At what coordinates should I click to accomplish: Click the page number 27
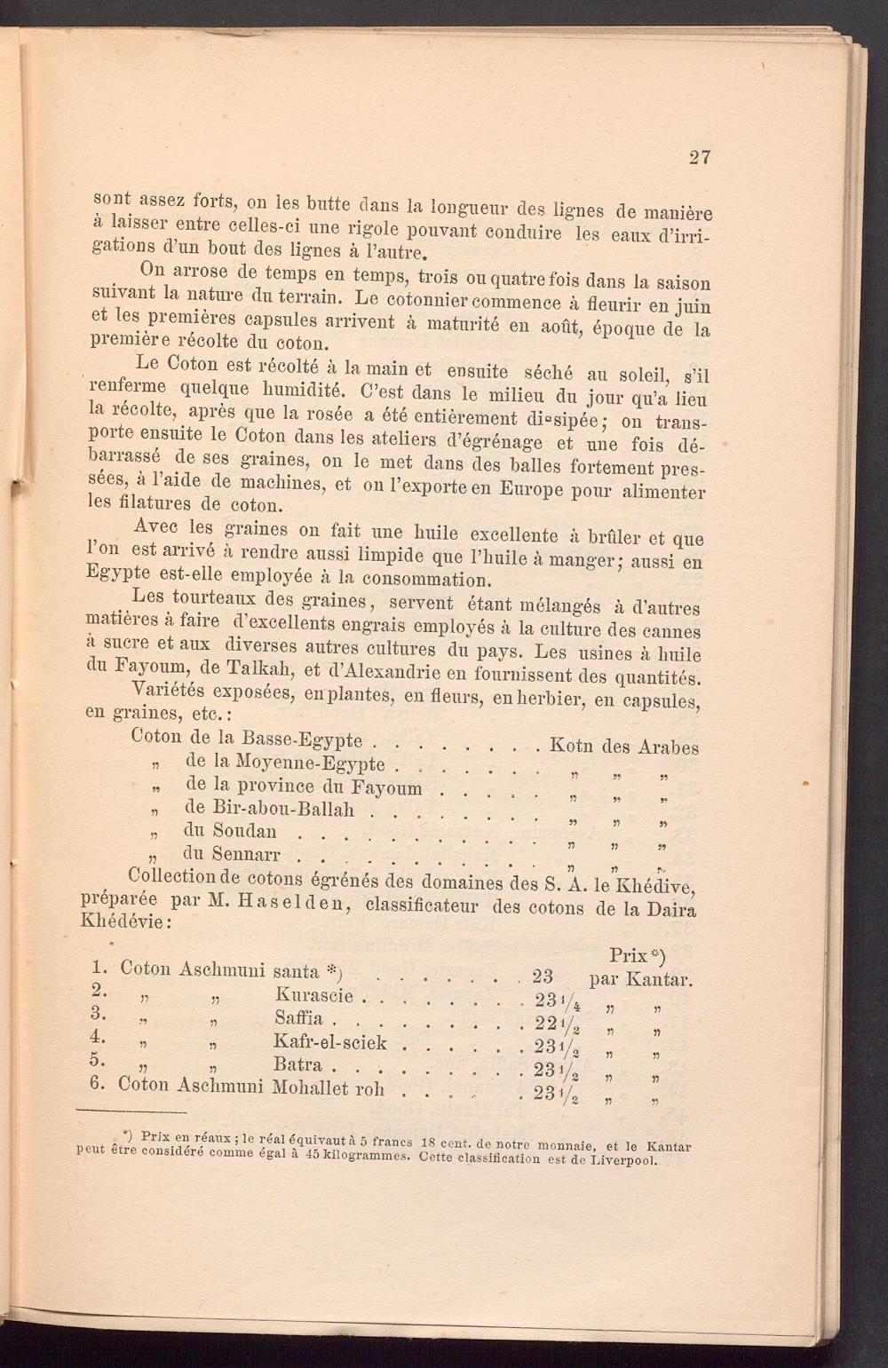coord(699,157)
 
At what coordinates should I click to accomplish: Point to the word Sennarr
coord(232,855)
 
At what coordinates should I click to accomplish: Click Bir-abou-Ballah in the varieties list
coord(270,809)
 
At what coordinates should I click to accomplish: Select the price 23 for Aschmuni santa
coord(542,977)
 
